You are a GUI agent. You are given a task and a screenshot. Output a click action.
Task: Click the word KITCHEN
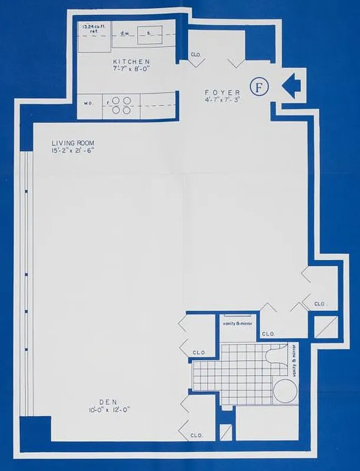tap(132, 62)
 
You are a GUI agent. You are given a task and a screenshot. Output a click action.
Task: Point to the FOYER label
tap(222, 92)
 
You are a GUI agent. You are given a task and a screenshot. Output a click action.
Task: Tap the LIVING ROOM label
tap(72, 144)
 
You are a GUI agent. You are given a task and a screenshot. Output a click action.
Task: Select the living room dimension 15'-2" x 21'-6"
tap(72, 151)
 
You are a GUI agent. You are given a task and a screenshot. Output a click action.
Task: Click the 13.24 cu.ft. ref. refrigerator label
tap(93, 29)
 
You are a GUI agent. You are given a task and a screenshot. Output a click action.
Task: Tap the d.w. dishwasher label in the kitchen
tap(125, 33)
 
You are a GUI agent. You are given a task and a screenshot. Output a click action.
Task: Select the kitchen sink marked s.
tap(148, 33)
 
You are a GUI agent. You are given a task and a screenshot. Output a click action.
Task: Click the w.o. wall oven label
tap(89, 102)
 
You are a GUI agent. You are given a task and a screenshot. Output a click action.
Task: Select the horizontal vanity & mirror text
tap(237, 323)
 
